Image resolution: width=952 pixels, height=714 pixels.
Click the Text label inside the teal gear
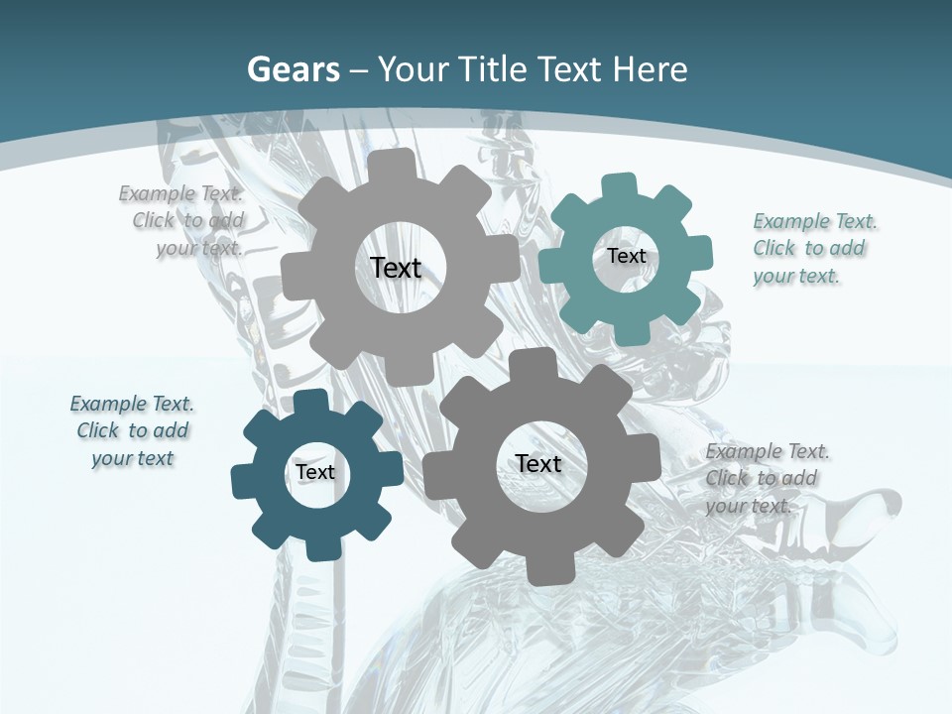(626, 256)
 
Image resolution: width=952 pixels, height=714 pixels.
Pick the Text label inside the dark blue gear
(315, 473)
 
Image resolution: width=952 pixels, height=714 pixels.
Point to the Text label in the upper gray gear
(396, 268)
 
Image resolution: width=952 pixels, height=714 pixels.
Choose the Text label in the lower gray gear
(538, 463)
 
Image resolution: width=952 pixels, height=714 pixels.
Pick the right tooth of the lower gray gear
(646, 464)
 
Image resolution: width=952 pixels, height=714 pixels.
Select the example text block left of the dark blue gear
(132, 430)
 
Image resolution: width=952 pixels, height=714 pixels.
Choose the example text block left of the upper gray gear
(182, 220)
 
